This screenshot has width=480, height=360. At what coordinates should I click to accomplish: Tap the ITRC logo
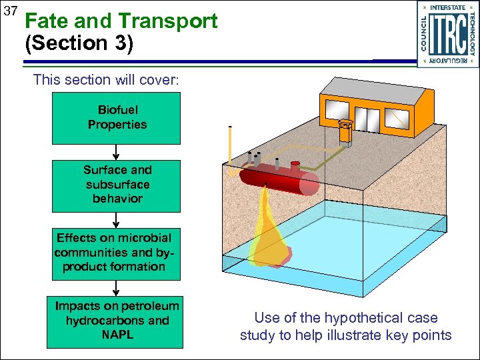point(448,34)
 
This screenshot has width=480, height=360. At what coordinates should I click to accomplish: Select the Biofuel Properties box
point(116,118)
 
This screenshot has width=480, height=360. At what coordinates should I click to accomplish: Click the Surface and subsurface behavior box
point(116,185)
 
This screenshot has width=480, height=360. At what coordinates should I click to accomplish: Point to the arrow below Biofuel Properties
point(116,151)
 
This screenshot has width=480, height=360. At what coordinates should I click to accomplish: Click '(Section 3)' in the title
point(79,44)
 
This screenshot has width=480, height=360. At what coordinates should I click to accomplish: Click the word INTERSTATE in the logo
point(448,7)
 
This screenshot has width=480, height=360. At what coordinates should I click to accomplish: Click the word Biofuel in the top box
point(117,110)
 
